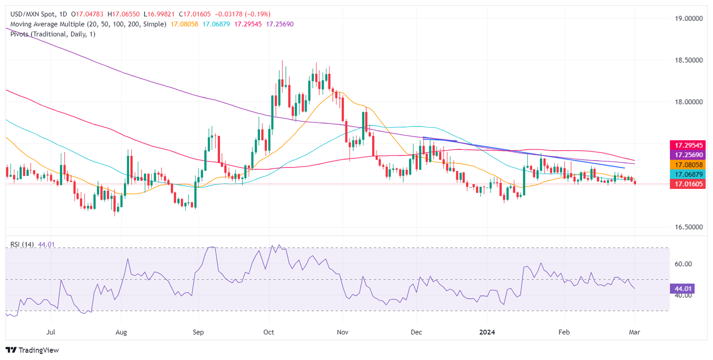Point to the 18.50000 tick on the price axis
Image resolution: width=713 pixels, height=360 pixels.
click(690, 60)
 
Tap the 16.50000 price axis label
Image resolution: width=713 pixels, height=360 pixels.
click(690, 227)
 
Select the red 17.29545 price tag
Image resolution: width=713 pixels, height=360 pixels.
click(690, 145)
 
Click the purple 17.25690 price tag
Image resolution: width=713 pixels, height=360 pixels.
click(690, 154)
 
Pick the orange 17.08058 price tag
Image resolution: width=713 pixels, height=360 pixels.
click(690, 164)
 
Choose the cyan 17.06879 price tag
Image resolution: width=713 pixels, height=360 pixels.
click(690, 174)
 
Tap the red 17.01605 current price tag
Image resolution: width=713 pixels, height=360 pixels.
click(690, 184)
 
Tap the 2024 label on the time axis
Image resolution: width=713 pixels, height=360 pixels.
click(487, 332)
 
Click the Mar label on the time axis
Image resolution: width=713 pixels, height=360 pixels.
click(635, 332)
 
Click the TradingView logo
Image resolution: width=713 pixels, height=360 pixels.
click(32, 350)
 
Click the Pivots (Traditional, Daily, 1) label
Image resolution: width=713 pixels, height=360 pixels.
click(51, 34)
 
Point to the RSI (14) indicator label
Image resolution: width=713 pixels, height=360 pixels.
click(21, 244)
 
